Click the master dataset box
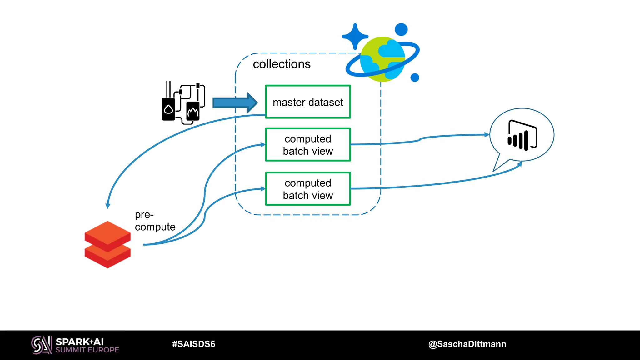point(308,102)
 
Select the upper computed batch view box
point(308,145)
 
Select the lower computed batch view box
point(308,189)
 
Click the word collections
point(282,64)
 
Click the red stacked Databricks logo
point(107,244)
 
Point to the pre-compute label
point(155,221)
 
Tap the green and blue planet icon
point(382,59)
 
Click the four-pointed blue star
point(355,37)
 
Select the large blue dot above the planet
point(401,29)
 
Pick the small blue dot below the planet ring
point(415,77)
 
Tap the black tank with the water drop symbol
point(168,109)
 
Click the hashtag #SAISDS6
point(193,344)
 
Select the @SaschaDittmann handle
point(467,344)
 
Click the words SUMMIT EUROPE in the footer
point(87,350)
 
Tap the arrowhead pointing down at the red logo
point(108,206)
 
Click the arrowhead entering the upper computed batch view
point(263,145)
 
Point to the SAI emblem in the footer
point(42,345)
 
